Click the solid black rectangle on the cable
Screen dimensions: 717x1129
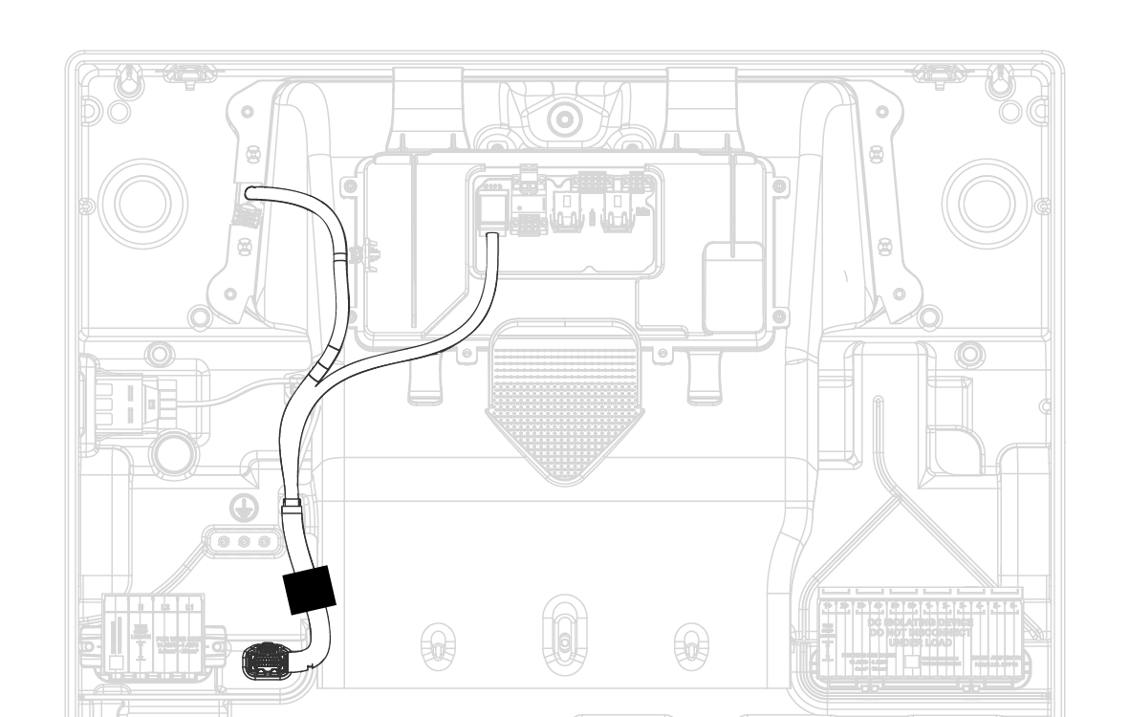(311, 588)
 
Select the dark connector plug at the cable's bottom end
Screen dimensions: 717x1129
(264, 660)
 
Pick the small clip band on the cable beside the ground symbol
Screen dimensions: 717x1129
(292, 502)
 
